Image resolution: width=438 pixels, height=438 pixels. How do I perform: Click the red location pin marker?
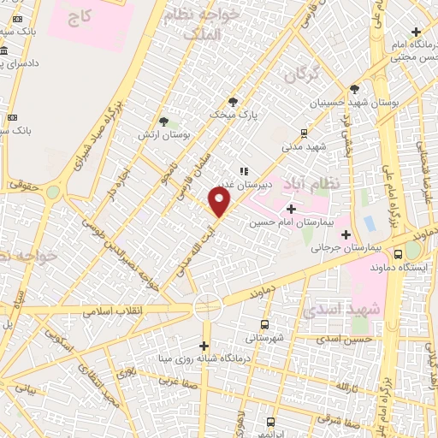[221, 202]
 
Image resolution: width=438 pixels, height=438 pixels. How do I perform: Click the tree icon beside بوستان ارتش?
[163, 122]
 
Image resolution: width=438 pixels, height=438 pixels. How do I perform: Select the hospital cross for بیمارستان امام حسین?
[292, 209]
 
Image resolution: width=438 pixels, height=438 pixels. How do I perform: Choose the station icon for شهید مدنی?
[304, 133]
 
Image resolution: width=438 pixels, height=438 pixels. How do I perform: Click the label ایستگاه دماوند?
[398, 267]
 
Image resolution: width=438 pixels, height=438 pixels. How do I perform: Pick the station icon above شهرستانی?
[263, 325]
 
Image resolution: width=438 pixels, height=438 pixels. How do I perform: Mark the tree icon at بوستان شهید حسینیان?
[354, 89]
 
